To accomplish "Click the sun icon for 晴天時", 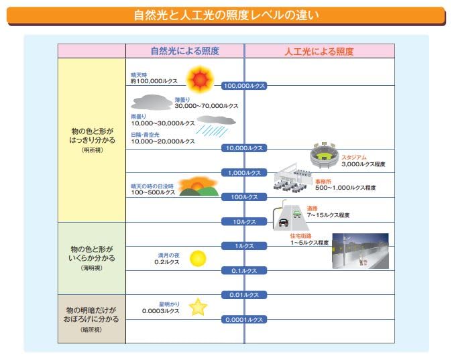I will click(x=200, y=79).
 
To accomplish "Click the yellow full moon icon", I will click(x=197, y=258).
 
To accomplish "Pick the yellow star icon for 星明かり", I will click(x=198, y=307).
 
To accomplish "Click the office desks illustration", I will click(x=294, y=181).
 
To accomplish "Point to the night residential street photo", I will click(x=359, y=250).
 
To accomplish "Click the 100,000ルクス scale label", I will click(x=245, y=86).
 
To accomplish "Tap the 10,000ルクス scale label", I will click(x=245, y=147).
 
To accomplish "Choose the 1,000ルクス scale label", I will click(x=245, y=172).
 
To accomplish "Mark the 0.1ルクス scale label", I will click(x=245, y=270).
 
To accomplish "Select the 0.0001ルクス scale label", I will click(x=245, y=320).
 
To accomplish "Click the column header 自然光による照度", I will click(x=184, y=51).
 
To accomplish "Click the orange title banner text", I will click(x=227, y=15).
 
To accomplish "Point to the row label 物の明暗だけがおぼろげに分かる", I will click(x=91, y=315).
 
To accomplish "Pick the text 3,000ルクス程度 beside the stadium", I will click(x=363, y=164).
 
